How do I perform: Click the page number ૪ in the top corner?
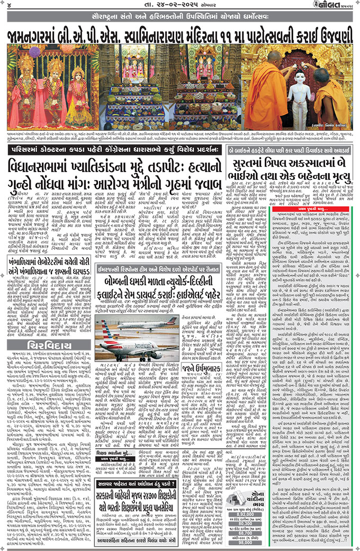point(8,6)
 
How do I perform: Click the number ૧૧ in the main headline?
point(235,36)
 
